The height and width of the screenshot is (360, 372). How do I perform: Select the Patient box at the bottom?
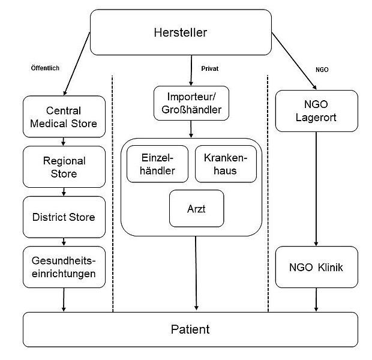(x=190, y=329)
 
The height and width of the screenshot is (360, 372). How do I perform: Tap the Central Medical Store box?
(x=64, y=118)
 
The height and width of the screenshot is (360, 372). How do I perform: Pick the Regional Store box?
(x=64, y=167)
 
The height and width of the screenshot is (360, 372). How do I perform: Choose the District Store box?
(x=64, y=217)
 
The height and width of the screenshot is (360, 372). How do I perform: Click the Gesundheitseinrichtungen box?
(x=64, y=266)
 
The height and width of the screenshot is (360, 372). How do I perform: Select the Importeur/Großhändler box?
(x=190, y=103)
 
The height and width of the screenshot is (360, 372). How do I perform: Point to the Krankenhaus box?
(x=225, y=163)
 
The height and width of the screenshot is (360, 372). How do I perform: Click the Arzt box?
(x=196, y=209)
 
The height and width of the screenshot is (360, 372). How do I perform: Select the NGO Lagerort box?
(x=316, y=110)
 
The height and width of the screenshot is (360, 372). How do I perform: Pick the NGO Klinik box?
(x=316, y=267)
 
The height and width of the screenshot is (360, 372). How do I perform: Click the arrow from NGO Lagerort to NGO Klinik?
(x=316, y=186)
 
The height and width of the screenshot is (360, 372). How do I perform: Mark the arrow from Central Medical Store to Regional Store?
(x=64, y=142)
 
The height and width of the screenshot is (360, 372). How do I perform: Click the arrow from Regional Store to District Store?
(x=64, y=191)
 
